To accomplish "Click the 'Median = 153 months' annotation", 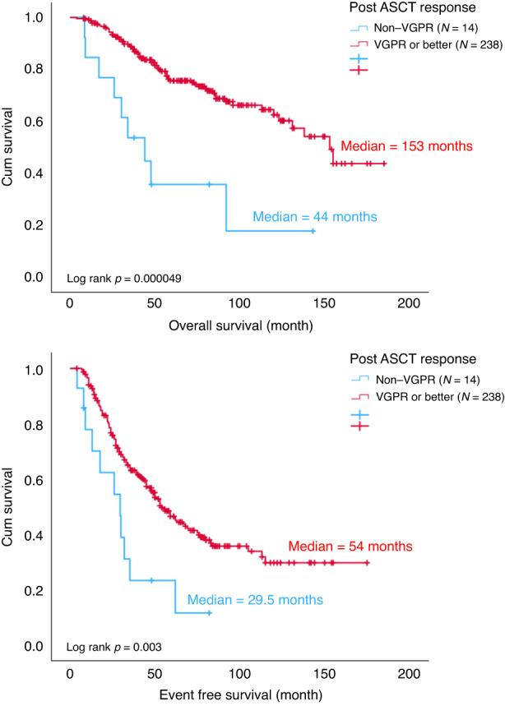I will [x=407, y=147].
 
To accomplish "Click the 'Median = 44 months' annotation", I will [x=314, y=218].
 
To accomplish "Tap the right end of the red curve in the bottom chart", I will [x=368, y=563].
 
